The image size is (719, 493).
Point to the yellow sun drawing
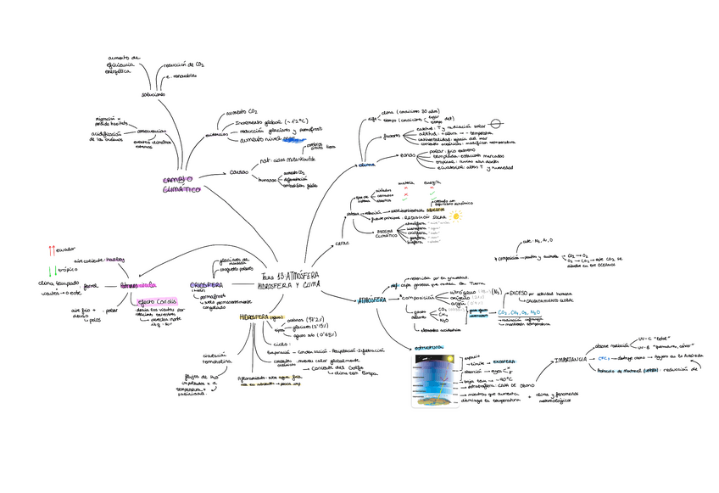click(457, 216)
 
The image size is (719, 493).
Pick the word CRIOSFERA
click(206, 285)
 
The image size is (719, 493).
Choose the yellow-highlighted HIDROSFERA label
click(254, 317)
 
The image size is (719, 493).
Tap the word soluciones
click(153, 94)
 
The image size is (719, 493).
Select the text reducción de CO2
click(184, 64)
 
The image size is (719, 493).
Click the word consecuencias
click(151, 131)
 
